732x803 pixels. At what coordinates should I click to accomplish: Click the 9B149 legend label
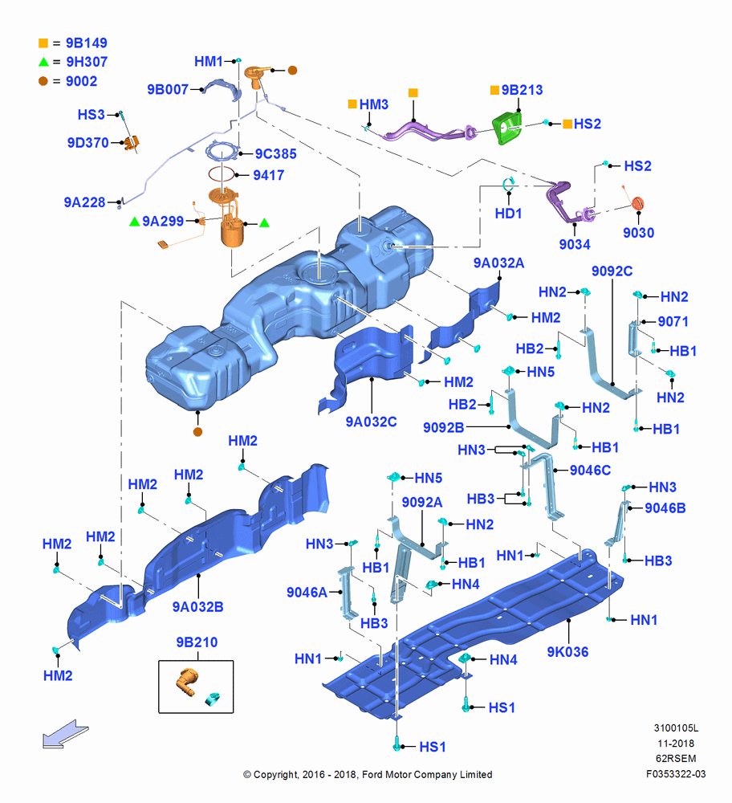pos(87,43)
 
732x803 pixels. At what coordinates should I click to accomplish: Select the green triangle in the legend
pos(43,62)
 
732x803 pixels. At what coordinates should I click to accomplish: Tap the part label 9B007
pos(168,90)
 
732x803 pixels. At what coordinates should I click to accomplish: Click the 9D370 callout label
pos(88,142)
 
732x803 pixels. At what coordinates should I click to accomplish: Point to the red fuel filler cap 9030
pos(638,203)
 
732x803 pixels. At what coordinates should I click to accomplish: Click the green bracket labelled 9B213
pos(506,128)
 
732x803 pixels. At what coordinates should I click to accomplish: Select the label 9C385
pos(276,153)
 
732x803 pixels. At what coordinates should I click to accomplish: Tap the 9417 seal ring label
pos(269,175)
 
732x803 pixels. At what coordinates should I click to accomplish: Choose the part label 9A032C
pos(371,422)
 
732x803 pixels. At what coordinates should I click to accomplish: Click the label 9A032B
pos(198,607)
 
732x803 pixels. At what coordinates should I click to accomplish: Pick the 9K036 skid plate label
pos(567,652)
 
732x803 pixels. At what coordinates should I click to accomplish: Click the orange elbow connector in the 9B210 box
pos(186,682)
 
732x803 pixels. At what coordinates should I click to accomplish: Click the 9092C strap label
pos(612,271)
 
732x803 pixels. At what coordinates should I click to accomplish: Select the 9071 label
pos(673,322)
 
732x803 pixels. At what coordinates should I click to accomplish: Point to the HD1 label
pos(508,214)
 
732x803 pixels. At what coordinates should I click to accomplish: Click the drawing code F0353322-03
pos(676,774)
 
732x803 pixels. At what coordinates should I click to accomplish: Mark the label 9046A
pos(307,593)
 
